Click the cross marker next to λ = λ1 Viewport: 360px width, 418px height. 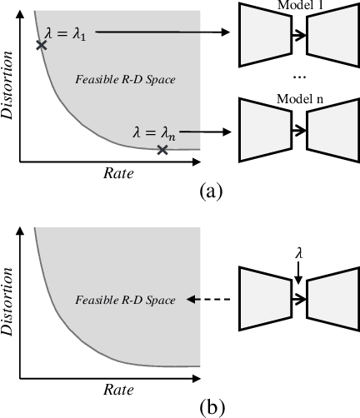click(41, 44)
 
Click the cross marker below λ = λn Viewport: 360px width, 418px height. click(162, 150)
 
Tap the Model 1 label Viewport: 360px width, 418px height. click(292, 4)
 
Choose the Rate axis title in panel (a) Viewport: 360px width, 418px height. click(117, 173)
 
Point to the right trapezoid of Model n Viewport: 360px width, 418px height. click(332, 131)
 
